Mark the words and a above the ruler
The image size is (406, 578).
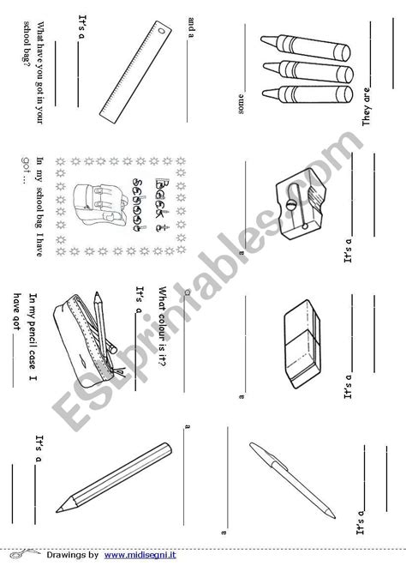pos(189,33)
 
